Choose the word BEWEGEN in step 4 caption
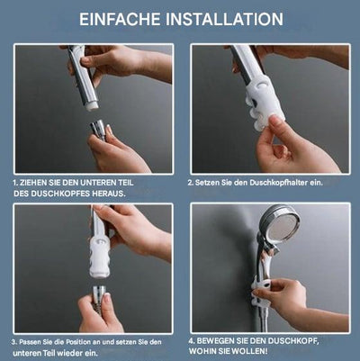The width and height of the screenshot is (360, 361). (x=218, y=341)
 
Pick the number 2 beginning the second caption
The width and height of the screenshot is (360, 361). (x=190, y=182)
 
